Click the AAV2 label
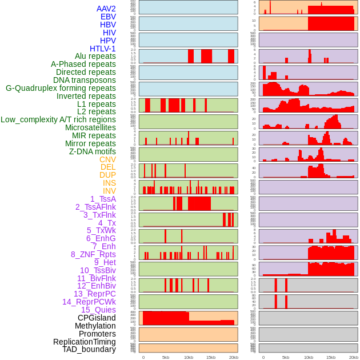click(106, 9)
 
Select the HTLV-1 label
click(103, 49)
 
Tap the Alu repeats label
click(95, 56)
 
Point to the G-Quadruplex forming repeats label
click(61, 88)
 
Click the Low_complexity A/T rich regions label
click(58, 119)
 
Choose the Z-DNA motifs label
click(93, 151)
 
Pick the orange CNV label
click(107, 159)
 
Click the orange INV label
click(109, 191)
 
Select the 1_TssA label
click(103, 199)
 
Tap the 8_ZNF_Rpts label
click(93, 254)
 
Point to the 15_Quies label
click(98, 310)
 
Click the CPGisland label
click(97, 318)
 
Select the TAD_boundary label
click(89, 349)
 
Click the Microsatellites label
click(90, 127)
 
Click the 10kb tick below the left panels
click(188, 357)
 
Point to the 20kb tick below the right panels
click(354, 357)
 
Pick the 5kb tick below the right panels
click(286, 357)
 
